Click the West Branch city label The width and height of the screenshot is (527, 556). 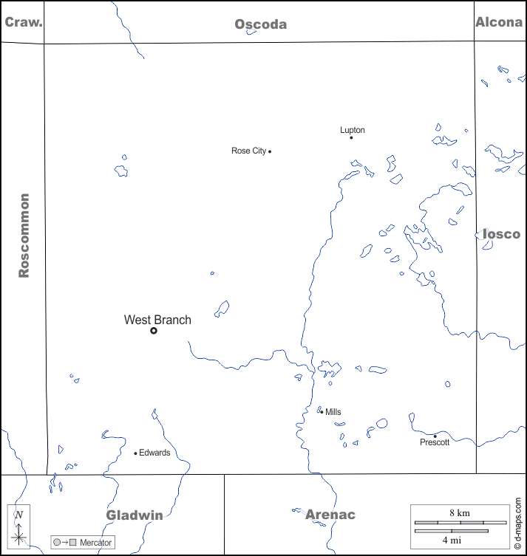pos(157,320)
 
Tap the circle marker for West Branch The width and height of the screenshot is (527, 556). pos(154,331)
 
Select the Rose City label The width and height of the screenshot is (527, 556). pos(248,151)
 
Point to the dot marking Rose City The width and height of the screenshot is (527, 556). pos(270,151)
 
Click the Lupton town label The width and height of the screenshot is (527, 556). pos(353,130)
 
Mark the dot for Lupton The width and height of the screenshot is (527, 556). pos(351,137)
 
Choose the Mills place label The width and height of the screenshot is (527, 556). pos(333,412)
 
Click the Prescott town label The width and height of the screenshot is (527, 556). pos(435,442)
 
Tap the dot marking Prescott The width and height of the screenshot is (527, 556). pos(435,436)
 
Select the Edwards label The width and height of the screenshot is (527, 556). pos(154,453)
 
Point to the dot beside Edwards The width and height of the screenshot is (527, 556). pos(135,453)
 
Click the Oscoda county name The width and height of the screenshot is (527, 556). pos(261,24)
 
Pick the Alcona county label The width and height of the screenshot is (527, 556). pos(498,22)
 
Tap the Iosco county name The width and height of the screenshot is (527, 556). pos(501,234)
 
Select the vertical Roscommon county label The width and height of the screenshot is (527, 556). pos(24,236)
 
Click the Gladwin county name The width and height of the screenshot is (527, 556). pos(135,515)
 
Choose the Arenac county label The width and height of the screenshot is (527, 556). pos(330,515)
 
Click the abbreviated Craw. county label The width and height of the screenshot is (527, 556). pos(24,21)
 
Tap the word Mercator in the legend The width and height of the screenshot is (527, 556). pos(95,543)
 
